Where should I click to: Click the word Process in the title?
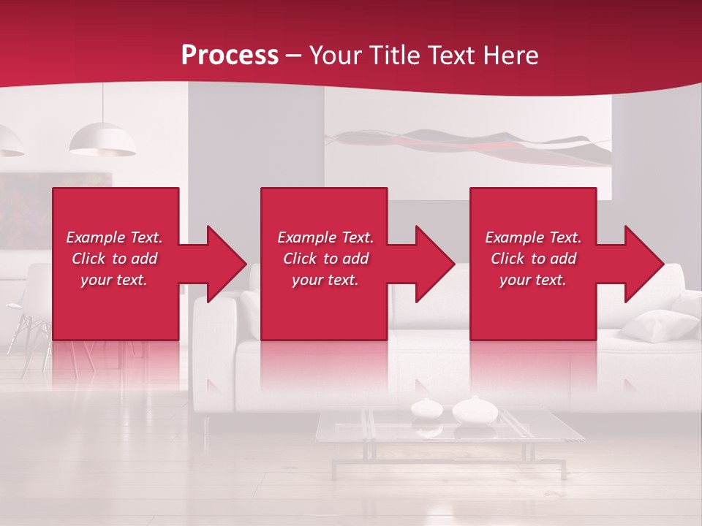(x=230, y=56)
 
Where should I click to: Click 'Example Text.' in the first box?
(x=114, y=237)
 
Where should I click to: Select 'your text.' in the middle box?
(x=325, y=281)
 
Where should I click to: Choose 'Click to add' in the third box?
(x=533, y=259)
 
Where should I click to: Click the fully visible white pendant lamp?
(x=102, y=140)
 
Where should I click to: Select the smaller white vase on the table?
(x=425, y=408)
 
